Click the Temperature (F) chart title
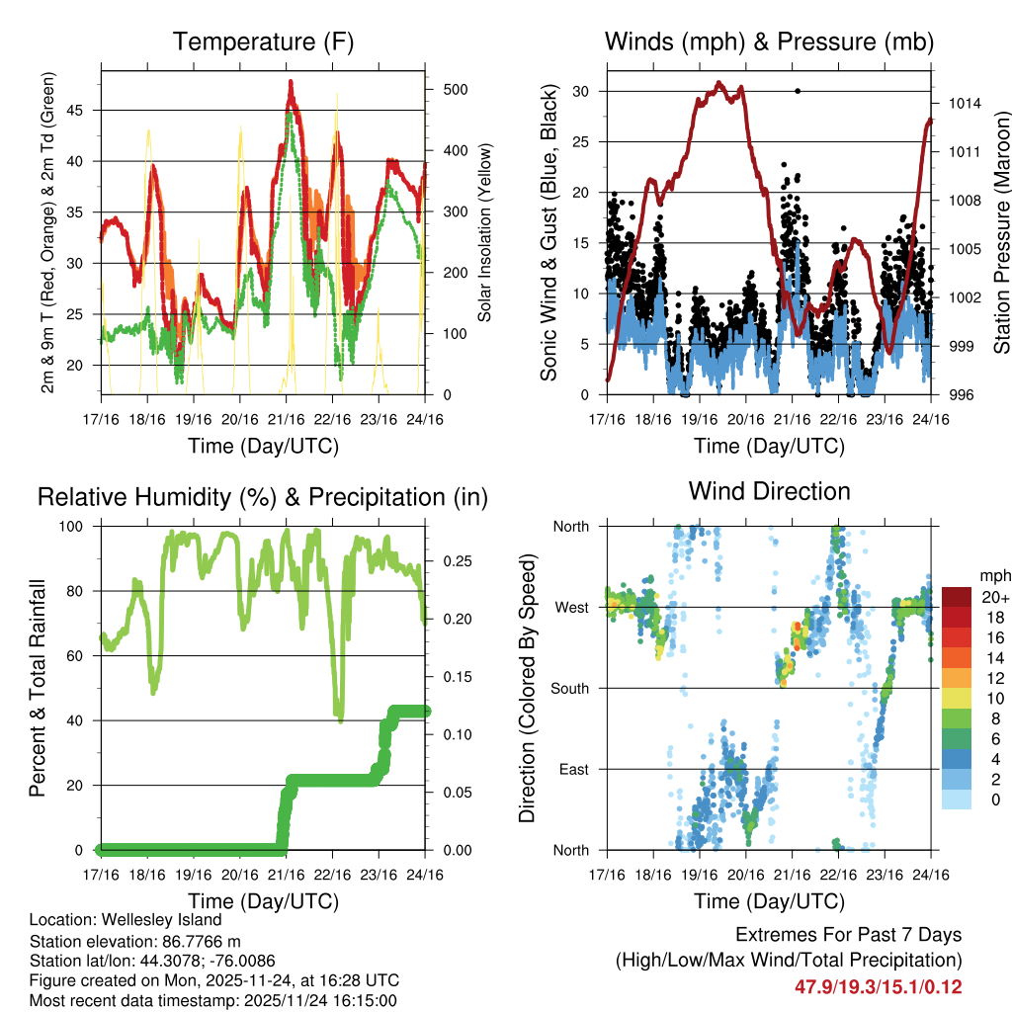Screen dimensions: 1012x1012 click(x=263, y=42)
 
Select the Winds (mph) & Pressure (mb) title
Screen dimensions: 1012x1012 click(x=769, y=42)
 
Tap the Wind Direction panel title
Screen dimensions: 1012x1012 click(x=769, y=491)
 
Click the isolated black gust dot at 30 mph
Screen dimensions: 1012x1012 click(x=798, y=91)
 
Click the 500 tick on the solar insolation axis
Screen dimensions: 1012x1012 click(x=456, y=89)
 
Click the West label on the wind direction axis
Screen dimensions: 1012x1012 click(x=571, y=607)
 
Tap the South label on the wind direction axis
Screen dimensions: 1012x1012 click(x=569, y=688)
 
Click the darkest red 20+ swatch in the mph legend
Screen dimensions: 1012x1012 click(x=956, y=598)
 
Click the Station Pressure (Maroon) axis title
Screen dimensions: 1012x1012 click(x=1001, y=217)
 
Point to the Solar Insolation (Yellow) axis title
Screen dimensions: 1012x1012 click(x=485, y=233)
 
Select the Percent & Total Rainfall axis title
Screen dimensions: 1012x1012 click(x=37, y=688)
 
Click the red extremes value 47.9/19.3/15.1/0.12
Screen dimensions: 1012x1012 click(x=878, y=986)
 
